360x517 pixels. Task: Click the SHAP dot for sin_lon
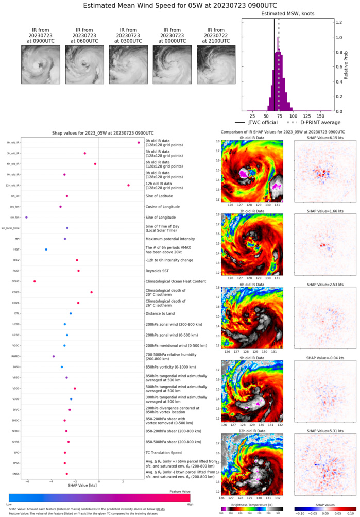coord(26,218)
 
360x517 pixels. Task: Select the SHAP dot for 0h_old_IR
coord(139,143)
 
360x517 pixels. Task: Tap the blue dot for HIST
coord(46,249)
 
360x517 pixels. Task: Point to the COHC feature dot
coord(35,281)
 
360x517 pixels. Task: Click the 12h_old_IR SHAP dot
coord(128,185)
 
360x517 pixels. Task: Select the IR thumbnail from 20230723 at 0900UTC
coord(37,64)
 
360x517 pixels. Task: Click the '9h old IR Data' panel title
coord(251,358)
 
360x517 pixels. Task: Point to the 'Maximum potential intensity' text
coord(173,239)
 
